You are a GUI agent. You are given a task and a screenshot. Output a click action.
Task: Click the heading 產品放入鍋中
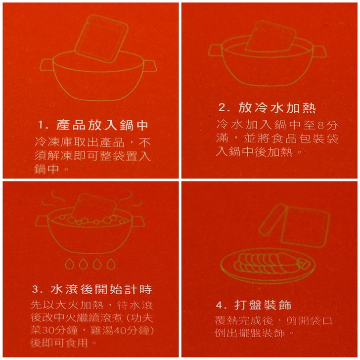[102, 125]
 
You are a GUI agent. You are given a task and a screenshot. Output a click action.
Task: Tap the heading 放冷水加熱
[277, 108]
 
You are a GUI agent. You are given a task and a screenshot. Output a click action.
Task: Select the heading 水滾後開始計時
[101, 289]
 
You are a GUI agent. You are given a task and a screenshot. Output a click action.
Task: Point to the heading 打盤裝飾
[263, 305]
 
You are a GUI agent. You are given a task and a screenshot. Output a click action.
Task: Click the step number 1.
[43, 126]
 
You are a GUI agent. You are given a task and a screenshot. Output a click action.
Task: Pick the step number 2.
[224, 108]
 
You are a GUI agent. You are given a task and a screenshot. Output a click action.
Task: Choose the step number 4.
[222, 306]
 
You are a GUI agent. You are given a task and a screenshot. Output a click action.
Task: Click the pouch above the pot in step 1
[101, 39]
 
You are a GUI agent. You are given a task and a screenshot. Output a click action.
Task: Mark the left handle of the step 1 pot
[46, 65]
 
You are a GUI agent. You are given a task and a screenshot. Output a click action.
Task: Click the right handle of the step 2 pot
[319, 51]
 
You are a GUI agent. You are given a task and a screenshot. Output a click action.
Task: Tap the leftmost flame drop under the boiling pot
[69, 264]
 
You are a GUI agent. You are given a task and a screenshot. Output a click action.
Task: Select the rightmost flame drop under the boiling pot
[111, 264]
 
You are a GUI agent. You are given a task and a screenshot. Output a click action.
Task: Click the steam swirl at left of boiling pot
[53, 200]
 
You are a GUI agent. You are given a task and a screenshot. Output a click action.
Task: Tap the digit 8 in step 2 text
[320, 126]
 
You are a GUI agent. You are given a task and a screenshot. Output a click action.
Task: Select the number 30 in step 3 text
[48, 331]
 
